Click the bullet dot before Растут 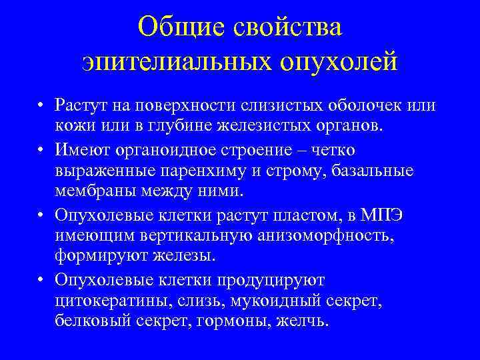[x=41, y=106]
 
